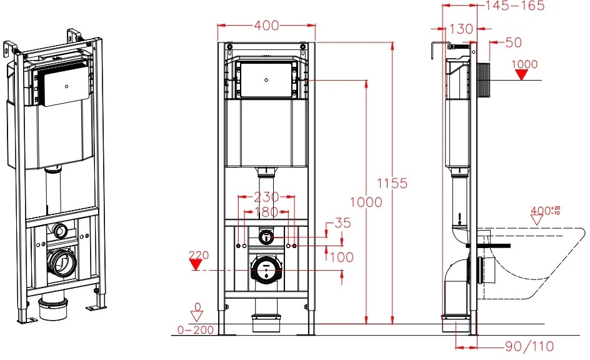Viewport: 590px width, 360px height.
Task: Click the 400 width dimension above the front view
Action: pos(266,26)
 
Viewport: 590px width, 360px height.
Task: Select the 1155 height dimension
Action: pos(392,183)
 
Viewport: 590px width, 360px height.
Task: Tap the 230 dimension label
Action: pos(266,197)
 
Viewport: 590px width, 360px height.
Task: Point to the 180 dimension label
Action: pos(266,212)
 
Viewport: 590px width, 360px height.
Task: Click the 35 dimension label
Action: pos(342,222)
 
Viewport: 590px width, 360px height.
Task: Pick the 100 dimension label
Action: pos(342,257)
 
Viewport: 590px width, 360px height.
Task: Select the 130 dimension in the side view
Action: pos(461,29)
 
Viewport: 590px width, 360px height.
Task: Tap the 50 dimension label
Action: pos(514,42)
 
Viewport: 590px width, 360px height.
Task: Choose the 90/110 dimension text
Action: pos(529,346)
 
